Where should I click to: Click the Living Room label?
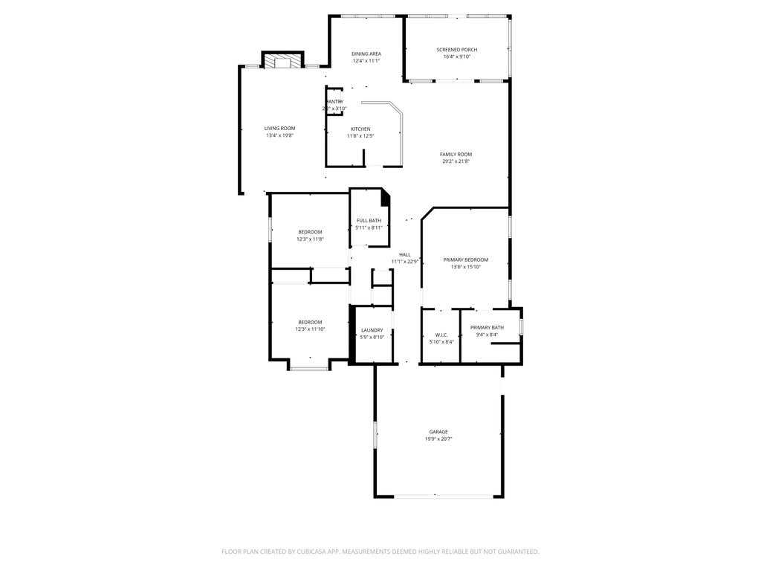click(x=279, y=128)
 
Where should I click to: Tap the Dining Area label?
click(x=366, y=54)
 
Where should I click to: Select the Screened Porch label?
click(x=456, y=50)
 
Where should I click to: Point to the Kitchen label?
click(x=360, y=129)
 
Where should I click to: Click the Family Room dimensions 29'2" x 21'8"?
click(x=456, y=161)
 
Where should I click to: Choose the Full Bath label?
click(x=369, y=220)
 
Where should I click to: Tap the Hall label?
click(x=405, y=254)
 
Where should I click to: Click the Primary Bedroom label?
click(x=465, y=259)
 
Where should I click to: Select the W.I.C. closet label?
click(x=441, y=335)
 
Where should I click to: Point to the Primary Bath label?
click(x=487, y=327)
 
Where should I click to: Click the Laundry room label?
click(x=372, y=330)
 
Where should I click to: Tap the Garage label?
click(x=438, y=431)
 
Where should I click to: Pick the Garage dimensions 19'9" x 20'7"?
click(x=438, y=439)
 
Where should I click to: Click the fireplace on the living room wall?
click(x=282, y=62)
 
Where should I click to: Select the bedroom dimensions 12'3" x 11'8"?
click(x=310, y=239)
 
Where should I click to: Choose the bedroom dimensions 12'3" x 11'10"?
click(x=310, y=329)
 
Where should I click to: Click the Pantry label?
click(x=334, y=101)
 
